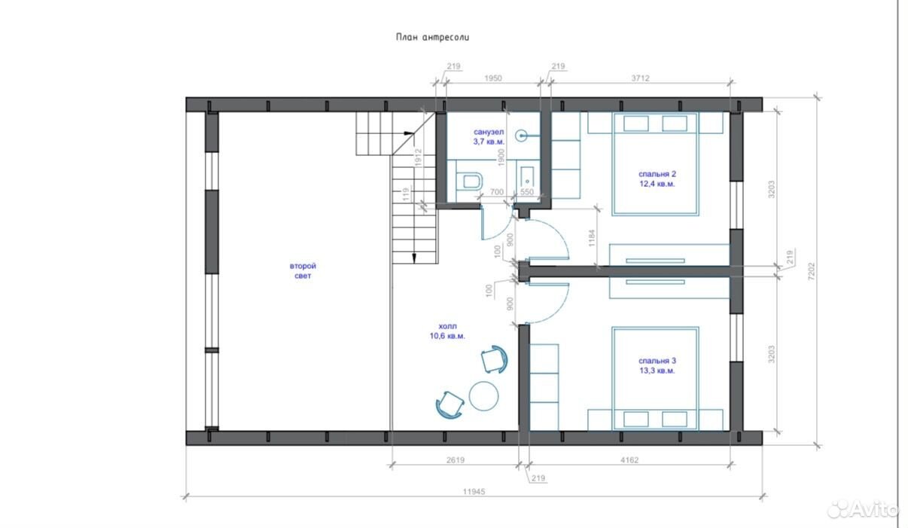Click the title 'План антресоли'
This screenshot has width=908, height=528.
[432, 38]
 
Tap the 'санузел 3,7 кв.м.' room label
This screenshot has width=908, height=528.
[489, 136]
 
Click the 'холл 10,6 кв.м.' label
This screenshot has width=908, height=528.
[447, 331]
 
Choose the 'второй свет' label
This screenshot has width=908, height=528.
[303, 271]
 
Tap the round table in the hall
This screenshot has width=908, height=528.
[483, 395]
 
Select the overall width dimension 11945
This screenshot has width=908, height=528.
[474, 492]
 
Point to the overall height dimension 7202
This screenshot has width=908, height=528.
[811, 271]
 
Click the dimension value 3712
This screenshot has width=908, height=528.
[640, 78]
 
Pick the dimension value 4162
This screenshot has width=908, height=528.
[629, 460]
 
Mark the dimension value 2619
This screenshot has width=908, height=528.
[456, 460]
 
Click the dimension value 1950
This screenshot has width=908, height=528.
[493, 78]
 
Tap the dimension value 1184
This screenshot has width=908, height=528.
[592, 238]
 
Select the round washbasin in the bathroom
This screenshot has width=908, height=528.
[521, 136]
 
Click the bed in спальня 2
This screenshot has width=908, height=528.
[656, 164]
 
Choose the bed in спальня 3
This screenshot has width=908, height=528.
[656, 378]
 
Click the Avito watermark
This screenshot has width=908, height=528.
[862, 509]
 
